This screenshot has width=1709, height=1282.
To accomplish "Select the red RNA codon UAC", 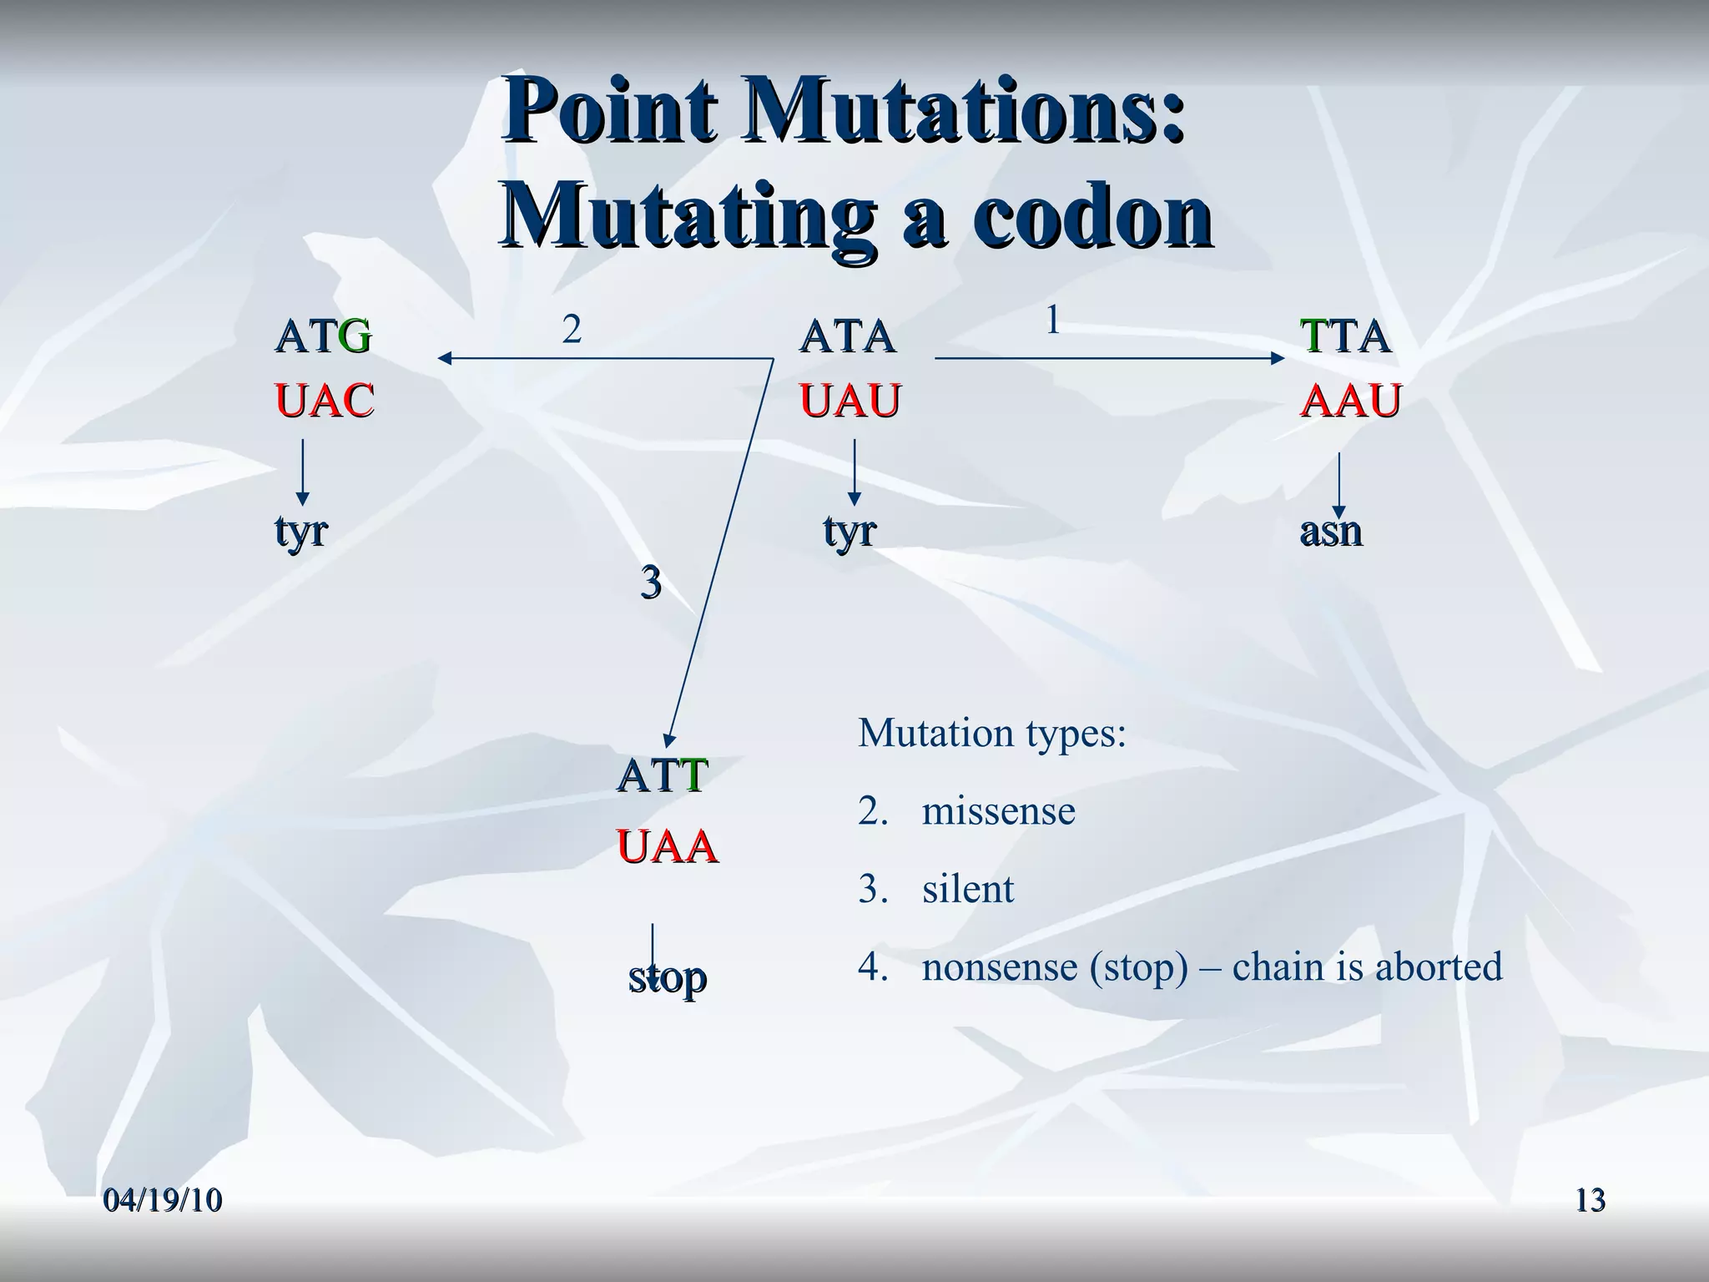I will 325,401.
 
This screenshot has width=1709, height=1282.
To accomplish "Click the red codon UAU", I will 850,401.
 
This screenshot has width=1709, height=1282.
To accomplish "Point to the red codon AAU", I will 1350,401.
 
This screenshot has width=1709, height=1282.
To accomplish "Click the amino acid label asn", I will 1331,531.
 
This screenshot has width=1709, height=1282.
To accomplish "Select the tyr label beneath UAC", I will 301,531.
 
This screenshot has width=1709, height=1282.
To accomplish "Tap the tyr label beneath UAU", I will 849,531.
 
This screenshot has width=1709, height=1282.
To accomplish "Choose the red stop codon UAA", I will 667,847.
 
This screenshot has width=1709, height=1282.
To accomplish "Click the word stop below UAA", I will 668,977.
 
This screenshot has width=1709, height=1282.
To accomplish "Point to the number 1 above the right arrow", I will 1053,320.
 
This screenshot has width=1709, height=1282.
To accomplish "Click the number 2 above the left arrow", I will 571,331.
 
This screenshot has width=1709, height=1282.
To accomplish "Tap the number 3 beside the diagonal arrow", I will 651,582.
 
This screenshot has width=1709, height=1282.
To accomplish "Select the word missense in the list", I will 998,811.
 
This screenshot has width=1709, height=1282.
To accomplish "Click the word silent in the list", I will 968,889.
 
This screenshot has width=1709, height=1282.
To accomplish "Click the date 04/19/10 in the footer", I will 163,1200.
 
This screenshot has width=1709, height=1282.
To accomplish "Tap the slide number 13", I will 1590,1200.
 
